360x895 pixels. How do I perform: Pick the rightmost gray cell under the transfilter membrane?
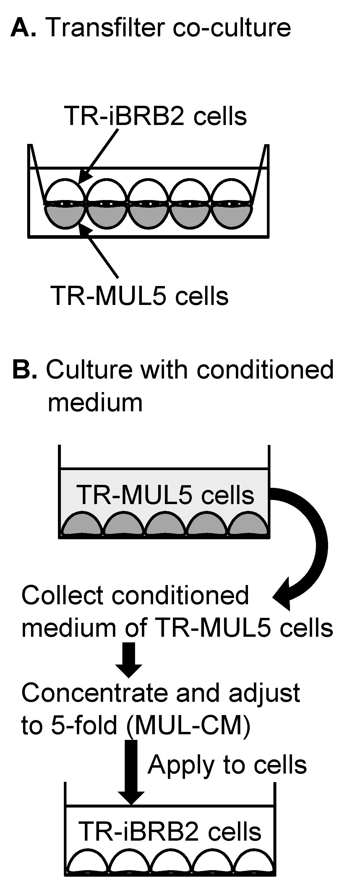(232, 216)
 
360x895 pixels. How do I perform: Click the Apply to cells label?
(227, 765)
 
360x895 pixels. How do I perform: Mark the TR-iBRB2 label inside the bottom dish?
(170, 831)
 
